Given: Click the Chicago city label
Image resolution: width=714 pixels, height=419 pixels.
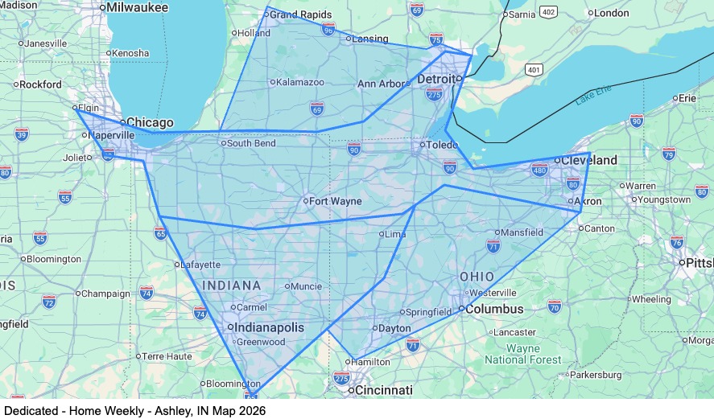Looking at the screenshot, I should (150, 123).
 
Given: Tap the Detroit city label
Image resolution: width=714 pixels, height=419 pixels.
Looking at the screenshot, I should (435, 80).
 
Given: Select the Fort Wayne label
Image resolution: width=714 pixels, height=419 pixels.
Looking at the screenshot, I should (336, 201).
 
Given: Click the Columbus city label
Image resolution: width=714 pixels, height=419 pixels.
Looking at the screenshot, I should (495, 309).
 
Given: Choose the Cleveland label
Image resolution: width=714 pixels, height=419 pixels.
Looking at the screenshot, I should (589, 161).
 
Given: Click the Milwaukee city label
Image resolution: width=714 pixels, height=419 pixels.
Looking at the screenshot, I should (137, 7).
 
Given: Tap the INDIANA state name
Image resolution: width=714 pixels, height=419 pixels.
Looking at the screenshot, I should (232, 285).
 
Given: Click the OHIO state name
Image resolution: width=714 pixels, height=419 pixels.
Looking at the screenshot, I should (477, 277).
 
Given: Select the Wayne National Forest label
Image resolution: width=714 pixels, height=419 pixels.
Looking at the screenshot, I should (523, 355).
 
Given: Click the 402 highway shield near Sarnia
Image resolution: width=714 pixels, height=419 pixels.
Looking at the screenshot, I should (549, 12).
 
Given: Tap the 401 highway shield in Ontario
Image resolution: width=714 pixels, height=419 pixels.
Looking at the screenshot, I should (534, 70).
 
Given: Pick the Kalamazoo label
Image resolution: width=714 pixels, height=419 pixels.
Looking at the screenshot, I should (301, 82).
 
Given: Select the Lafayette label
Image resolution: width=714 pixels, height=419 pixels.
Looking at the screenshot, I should (200, 265).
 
